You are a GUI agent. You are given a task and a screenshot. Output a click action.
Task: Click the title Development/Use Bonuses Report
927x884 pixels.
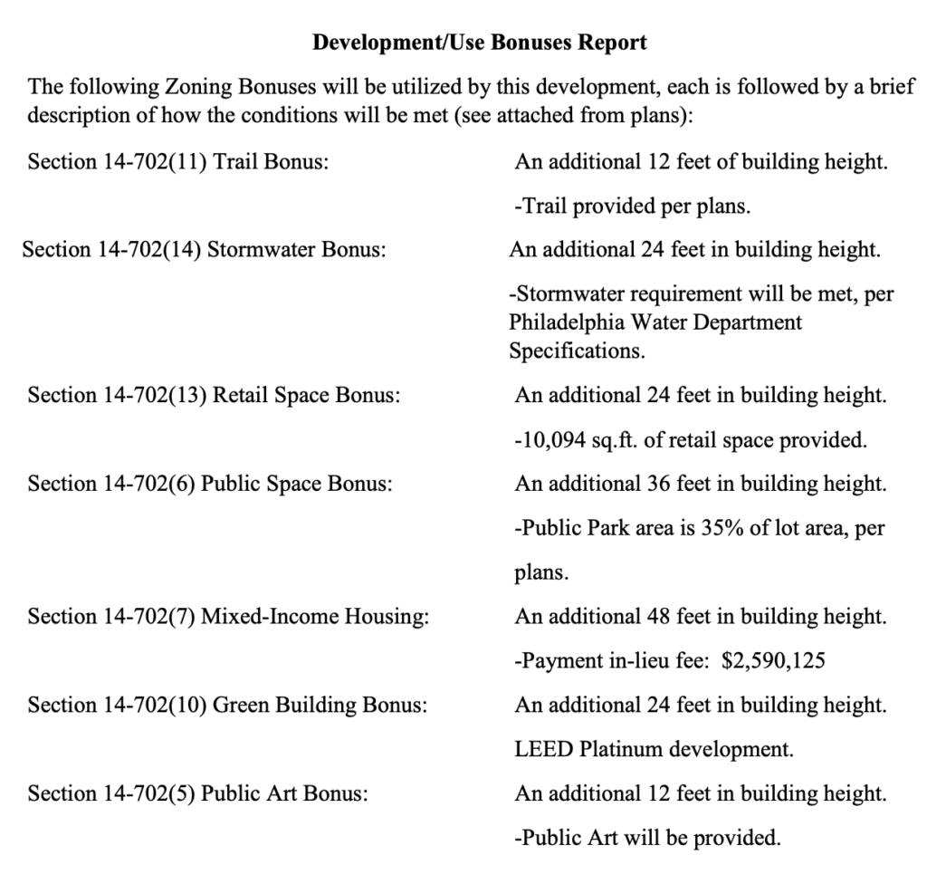pos(479,43)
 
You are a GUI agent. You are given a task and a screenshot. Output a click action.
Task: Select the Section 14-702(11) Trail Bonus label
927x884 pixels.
pos(177,163)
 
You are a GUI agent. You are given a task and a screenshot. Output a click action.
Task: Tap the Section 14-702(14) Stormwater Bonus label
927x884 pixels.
pos(204,249)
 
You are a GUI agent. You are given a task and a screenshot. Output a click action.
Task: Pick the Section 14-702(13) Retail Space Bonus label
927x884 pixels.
pos(215,397)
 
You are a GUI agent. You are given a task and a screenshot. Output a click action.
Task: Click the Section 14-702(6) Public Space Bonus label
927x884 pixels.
pos(210,484)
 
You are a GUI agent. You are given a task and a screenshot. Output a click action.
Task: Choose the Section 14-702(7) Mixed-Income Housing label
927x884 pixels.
pos(228,617)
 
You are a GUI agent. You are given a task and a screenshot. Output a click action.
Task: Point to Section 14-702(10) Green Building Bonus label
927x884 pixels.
pos(226,705)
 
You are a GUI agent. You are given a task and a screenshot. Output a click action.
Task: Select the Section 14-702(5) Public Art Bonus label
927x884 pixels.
pos(198,793)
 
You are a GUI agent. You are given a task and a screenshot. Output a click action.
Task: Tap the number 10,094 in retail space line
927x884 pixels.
pos(551,441)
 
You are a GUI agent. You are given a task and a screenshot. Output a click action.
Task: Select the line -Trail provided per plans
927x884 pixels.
pos(632,207)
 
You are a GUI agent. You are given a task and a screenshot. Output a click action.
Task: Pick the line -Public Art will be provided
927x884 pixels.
pos(646,838)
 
